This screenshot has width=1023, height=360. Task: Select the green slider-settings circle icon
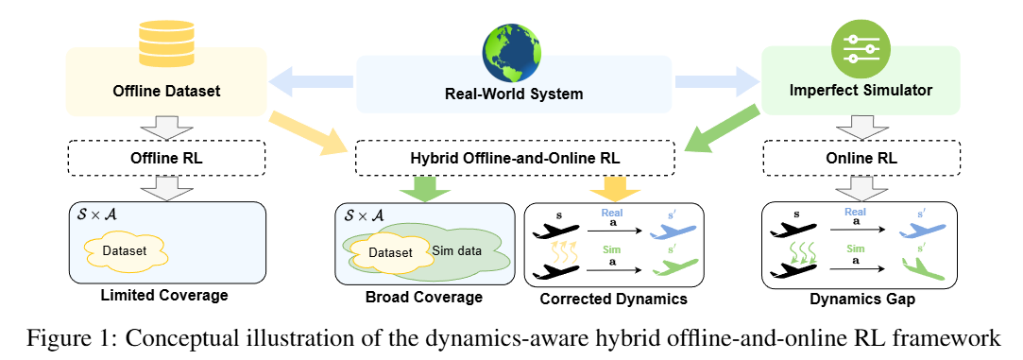coord(861,49)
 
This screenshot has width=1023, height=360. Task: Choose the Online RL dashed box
coord(860,159)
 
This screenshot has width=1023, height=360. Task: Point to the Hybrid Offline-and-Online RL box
coord(514,159)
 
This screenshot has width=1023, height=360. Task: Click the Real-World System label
coord(514,94)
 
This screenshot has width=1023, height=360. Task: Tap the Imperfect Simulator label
coord(860,91)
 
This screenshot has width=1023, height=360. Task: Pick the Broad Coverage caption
coord(423,298)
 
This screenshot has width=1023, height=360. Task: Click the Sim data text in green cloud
coord(456,249)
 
